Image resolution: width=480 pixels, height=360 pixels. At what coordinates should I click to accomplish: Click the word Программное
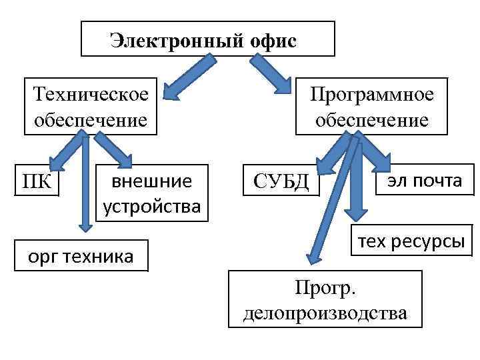(372, 94)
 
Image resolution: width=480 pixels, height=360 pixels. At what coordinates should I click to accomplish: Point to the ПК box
(37, 181)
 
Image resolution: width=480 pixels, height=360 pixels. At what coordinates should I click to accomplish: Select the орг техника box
(81, 255)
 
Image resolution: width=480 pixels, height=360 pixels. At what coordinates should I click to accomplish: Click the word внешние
(151, 181)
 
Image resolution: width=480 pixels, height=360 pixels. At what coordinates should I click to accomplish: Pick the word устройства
(151, 206)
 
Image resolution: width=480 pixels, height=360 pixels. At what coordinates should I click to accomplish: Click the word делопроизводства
(325, 312)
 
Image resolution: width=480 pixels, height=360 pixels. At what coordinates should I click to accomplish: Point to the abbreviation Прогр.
(326, 287)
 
